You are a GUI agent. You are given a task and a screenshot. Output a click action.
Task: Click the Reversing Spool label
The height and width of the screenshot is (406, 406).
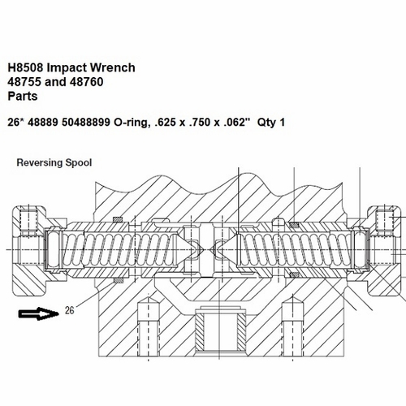tap(54, 162)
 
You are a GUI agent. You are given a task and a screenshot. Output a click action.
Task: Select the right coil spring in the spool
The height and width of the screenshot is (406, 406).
tap(296, 244)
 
